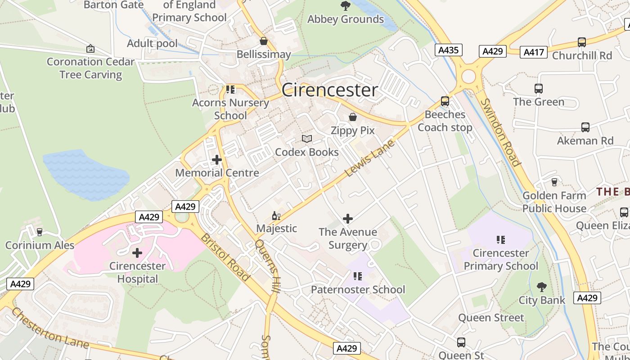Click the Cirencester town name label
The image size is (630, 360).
329,90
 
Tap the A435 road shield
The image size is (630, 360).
449,50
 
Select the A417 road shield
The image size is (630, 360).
534,52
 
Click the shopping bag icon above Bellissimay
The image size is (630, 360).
264,41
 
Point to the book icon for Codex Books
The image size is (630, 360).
307,139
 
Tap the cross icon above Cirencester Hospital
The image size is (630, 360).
137,253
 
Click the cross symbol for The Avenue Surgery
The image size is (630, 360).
347,219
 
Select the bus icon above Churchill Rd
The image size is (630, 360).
582,42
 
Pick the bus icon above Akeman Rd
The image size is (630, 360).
585,127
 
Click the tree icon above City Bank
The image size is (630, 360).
542,287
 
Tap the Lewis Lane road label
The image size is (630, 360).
369,158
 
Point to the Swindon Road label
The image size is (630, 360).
500,132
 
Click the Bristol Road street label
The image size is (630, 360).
225,257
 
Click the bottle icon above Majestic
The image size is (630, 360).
276,216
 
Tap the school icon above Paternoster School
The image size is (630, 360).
358,276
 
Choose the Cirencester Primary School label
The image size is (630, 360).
500,260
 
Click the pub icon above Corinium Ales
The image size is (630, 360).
40,232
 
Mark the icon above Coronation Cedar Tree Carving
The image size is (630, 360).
90,49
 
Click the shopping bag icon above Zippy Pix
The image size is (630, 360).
353,117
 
